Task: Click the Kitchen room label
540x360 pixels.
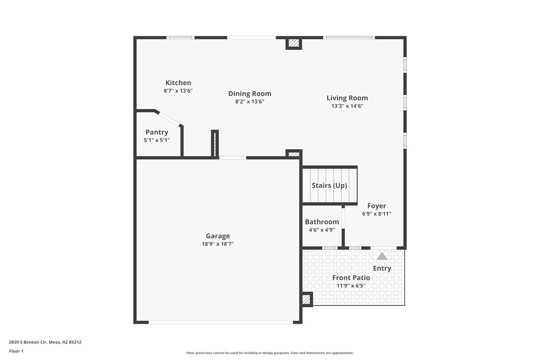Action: click(178, 83)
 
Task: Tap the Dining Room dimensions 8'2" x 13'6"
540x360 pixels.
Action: click(250, 102)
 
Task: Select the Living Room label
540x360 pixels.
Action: click(347, 98)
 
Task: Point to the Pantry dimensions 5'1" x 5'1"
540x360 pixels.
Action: click(157, 140)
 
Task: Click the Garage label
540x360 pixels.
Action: click(218, 236)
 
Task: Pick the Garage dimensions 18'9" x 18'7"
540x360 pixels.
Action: click(218, 244)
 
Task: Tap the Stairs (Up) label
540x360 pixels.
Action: click(329, 185)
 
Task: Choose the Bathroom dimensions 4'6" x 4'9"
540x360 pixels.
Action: click(322, 230)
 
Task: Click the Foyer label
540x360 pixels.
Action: click(377, 206)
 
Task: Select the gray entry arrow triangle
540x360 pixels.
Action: click(382, 256)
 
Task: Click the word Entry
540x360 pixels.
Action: click(382, 268)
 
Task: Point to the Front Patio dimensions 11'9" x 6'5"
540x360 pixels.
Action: click(351, 286)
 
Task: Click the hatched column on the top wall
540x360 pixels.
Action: click(294, 43)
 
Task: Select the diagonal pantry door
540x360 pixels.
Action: click(169, 119)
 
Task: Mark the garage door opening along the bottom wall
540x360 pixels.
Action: click(221, 322)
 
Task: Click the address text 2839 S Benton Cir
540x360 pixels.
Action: click(28, 342)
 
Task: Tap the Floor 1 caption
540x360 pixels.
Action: click(16, 351)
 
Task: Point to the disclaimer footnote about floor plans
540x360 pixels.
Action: click(270, 353)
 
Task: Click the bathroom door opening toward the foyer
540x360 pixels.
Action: click(343, 219)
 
